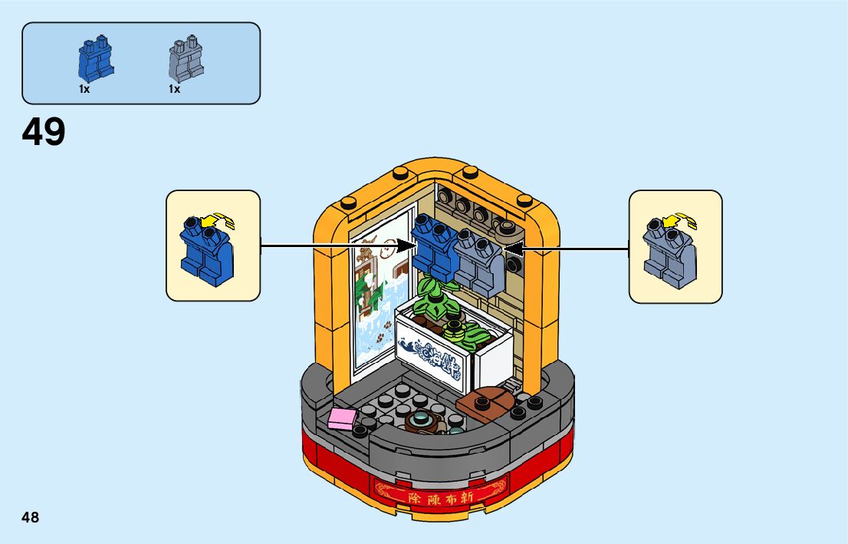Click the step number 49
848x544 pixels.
44,132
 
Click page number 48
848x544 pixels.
30,517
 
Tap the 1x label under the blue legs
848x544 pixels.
84,89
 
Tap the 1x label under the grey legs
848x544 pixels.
174,89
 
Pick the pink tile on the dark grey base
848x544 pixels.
342,417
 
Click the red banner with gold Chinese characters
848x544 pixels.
439,490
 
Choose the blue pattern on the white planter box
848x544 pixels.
433,355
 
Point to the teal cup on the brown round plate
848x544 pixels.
420,419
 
